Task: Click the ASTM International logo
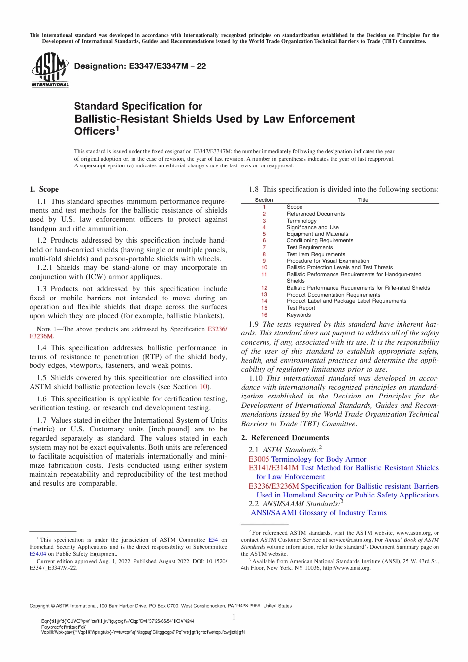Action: click(x=50, y=70)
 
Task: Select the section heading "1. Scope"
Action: click(x=44, y=189)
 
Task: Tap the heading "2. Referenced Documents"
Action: click(x=285, y=438)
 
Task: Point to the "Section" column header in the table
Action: click(x=264, y=200)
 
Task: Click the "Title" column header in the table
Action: click(x=363, y=200)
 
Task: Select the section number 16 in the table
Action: click(x=264, y=315)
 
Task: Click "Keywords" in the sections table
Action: click(x=299, y=315)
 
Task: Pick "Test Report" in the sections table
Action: click(x=301, y=308)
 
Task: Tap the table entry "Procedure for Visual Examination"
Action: click(x=328, y=261)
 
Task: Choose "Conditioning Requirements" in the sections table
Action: click(x=320, y=240)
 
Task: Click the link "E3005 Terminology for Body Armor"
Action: click(x=307, y=459)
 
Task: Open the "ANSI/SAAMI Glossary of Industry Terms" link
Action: click(x=319, y=513)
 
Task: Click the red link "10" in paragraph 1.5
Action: click(x=203, y=387)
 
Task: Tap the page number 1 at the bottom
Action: click(x=234, y=617)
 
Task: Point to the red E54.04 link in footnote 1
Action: click(x=37, y=554)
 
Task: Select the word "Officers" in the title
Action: click(x=94, y=132)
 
